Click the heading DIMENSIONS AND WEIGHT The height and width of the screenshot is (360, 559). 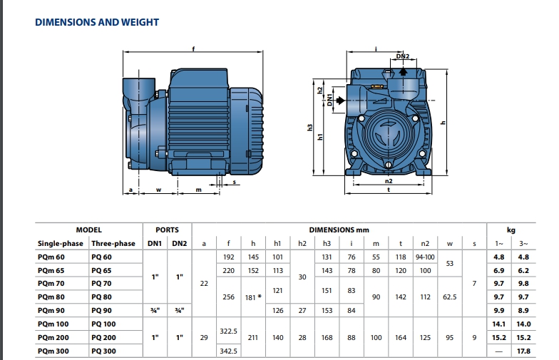[x=97, y=22]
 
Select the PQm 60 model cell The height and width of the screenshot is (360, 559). [x=51, y=257]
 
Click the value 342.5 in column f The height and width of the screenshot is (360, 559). [x=228, y=351]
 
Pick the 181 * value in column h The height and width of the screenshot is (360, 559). [x=253, y=297]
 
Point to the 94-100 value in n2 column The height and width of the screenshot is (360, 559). [x=425, y=257]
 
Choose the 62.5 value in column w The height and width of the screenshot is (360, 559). [x=449, y=297]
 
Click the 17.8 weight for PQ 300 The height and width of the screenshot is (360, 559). [x=523, y=351]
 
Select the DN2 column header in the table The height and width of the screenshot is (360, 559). [x=180, y=244]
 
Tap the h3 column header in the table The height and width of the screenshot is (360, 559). [x=327, y=244]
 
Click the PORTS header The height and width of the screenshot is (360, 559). [x=167, y=230]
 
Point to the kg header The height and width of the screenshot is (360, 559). [x=511, y=230]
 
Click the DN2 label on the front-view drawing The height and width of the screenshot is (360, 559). [x=402, y=56]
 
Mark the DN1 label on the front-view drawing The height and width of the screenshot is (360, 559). [x=329, y=100]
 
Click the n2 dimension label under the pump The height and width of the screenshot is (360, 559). [x=389, y=181]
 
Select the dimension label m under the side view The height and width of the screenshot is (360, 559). [x=198, y=190]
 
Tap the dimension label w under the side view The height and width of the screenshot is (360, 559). [x=158, y=190]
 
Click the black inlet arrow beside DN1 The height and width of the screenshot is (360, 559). [x=341, y=100]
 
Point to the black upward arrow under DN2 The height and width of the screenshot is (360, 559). [x=404, y=71]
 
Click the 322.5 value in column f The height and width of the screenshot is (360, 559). [x=228, y=331]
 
